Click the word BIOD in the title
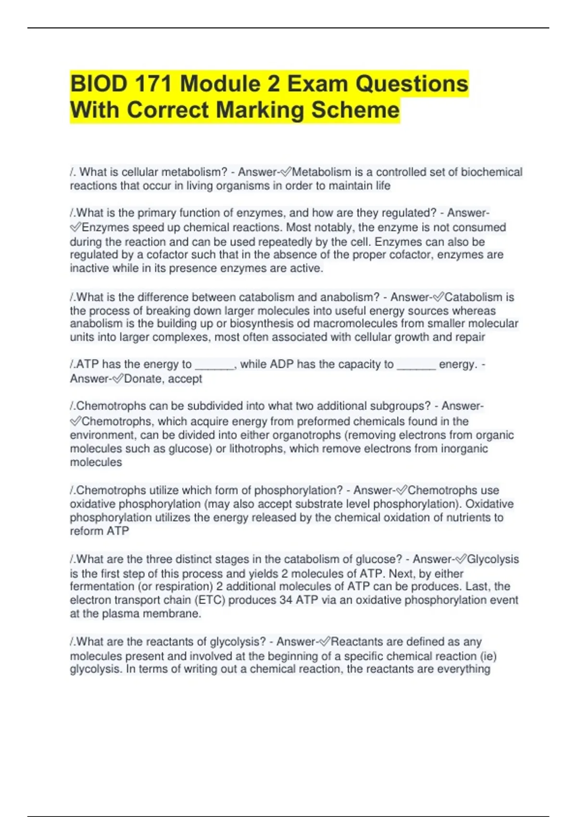coord(99,84)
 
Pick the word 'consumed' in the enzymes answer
coord(480,227)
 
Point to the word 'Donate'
coord(143,379)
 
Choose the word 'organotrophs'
coord(306,435)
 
